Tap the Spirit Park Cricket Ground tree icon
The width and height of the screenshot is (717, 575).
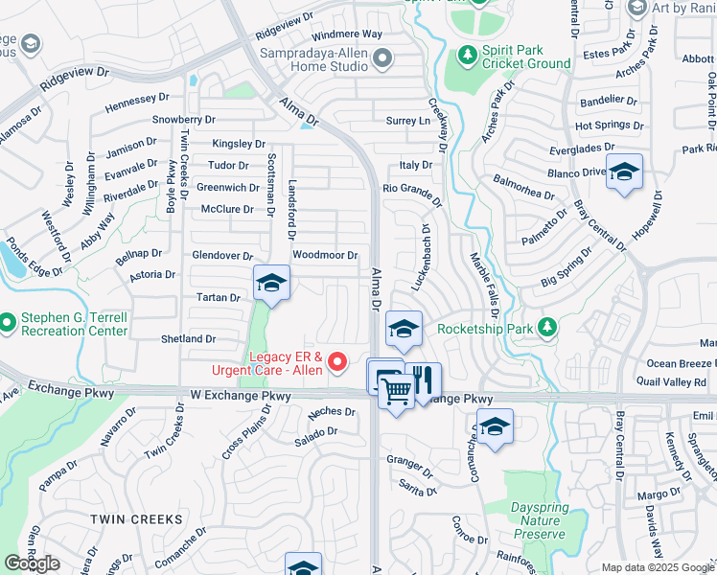(x=468, y=56)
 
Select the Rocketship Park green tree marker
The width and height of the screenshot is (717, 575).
(x=546, y=328)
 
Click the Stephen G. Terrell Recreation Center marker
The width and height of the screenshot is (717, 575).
(x=8, y=321)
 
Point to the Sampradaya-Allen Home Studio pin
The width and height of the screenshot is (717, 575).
(x=382, y=59)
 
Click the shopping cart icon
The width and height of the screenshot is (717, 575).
(x=395, y=389)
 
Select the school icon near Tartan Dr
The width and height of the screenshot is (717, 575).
(x=271, y=283)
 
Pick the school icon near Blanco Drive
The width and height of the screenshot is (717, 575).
(x=624, y=172)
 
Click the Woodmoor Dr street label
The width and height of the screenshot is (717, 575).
(x=325, y=255)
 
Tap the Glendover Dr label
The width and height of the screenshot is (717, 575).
(x=222, y=256)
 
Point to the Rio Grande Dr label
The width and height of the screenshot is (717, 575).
(x=412, y=191)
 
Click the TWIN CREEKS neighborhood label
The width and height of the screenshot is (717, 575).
(x=136, y=518)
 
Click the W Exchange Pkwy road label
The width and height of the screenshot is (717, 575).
(x=240, y=395)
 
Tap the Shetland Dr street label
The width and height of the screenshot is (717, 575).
(x=188, y=338)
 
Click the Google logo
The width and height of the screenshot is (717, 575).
(x=33, y=563)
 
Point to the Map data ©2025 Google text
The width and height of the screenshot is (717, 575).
(x=658, y=567)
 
